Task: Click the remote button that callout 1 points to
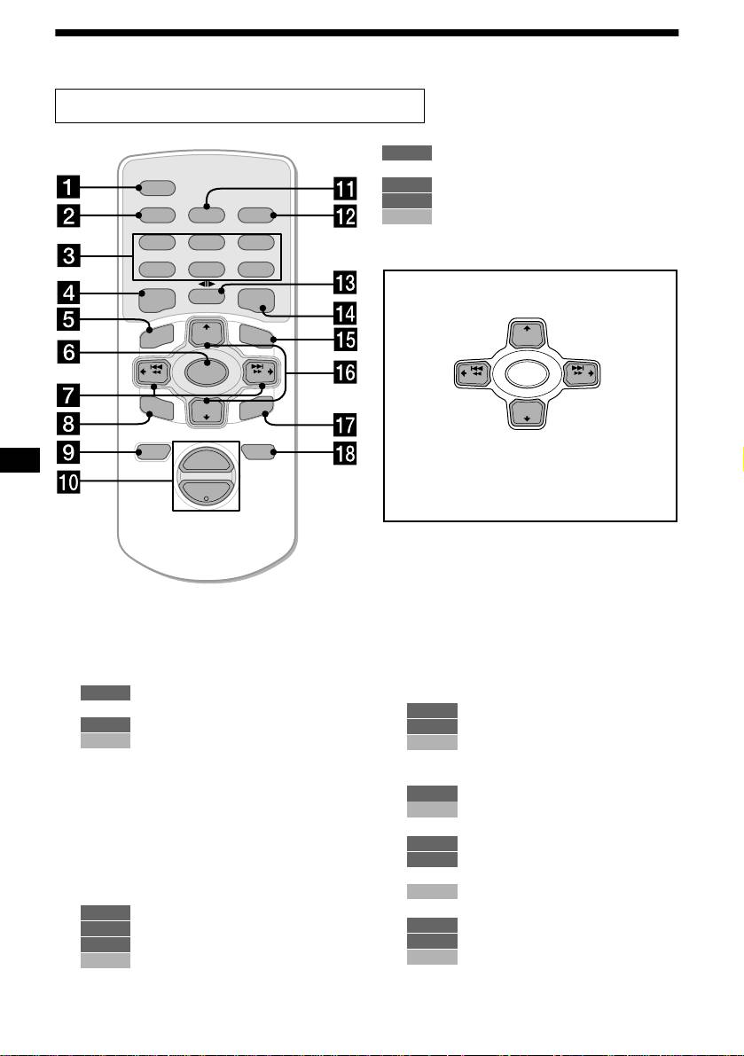click(x=153, y=188)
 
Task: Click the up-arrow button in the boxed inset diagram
click(x=522, y=336)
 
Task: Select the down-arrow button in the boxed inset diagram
click(x=522, y=414)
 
